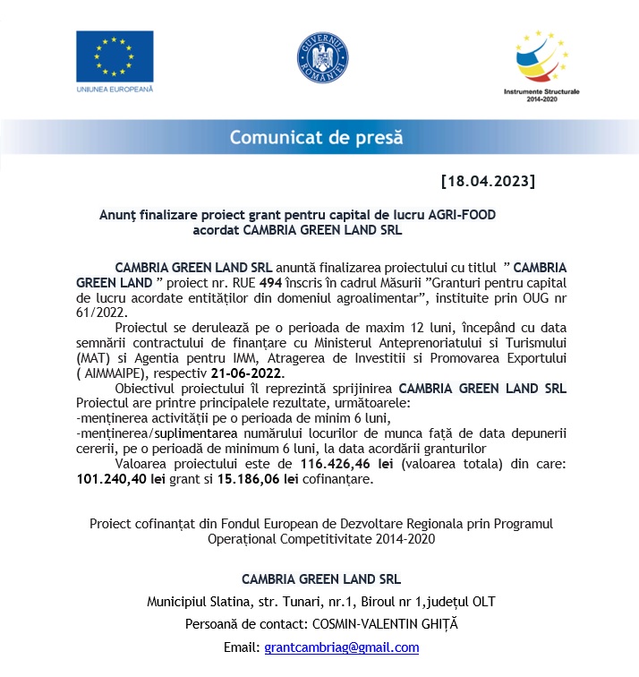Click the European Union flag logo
[x=114, y=56]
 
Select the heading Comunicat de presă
[x=317, y=138]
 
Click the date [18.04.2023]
[x=488, y=181]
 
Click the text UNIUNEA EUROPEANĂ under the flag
[x=115, y=90]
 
